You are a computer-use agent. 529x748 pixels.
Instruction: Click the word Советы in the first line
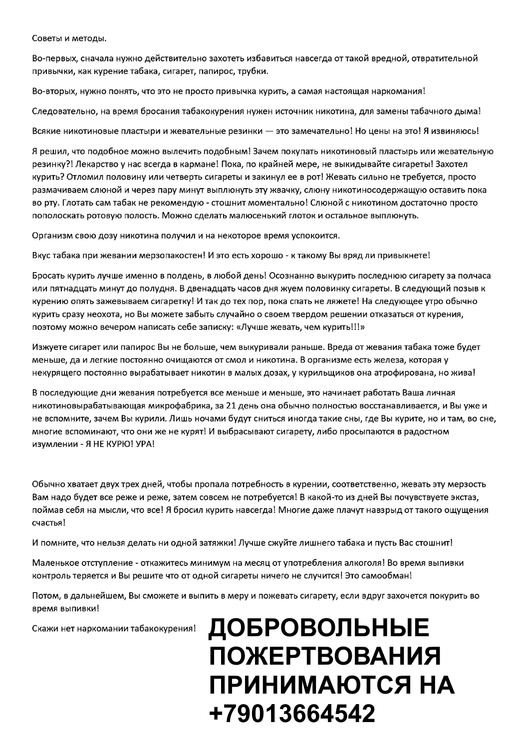(x=44, y=38)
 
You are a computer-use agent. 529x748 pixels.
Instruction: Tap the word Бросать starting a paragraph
(x=48, y=275)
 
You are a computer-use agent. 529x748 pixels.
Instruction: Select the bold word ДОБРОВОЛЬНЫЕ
(x=319, y=629)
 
